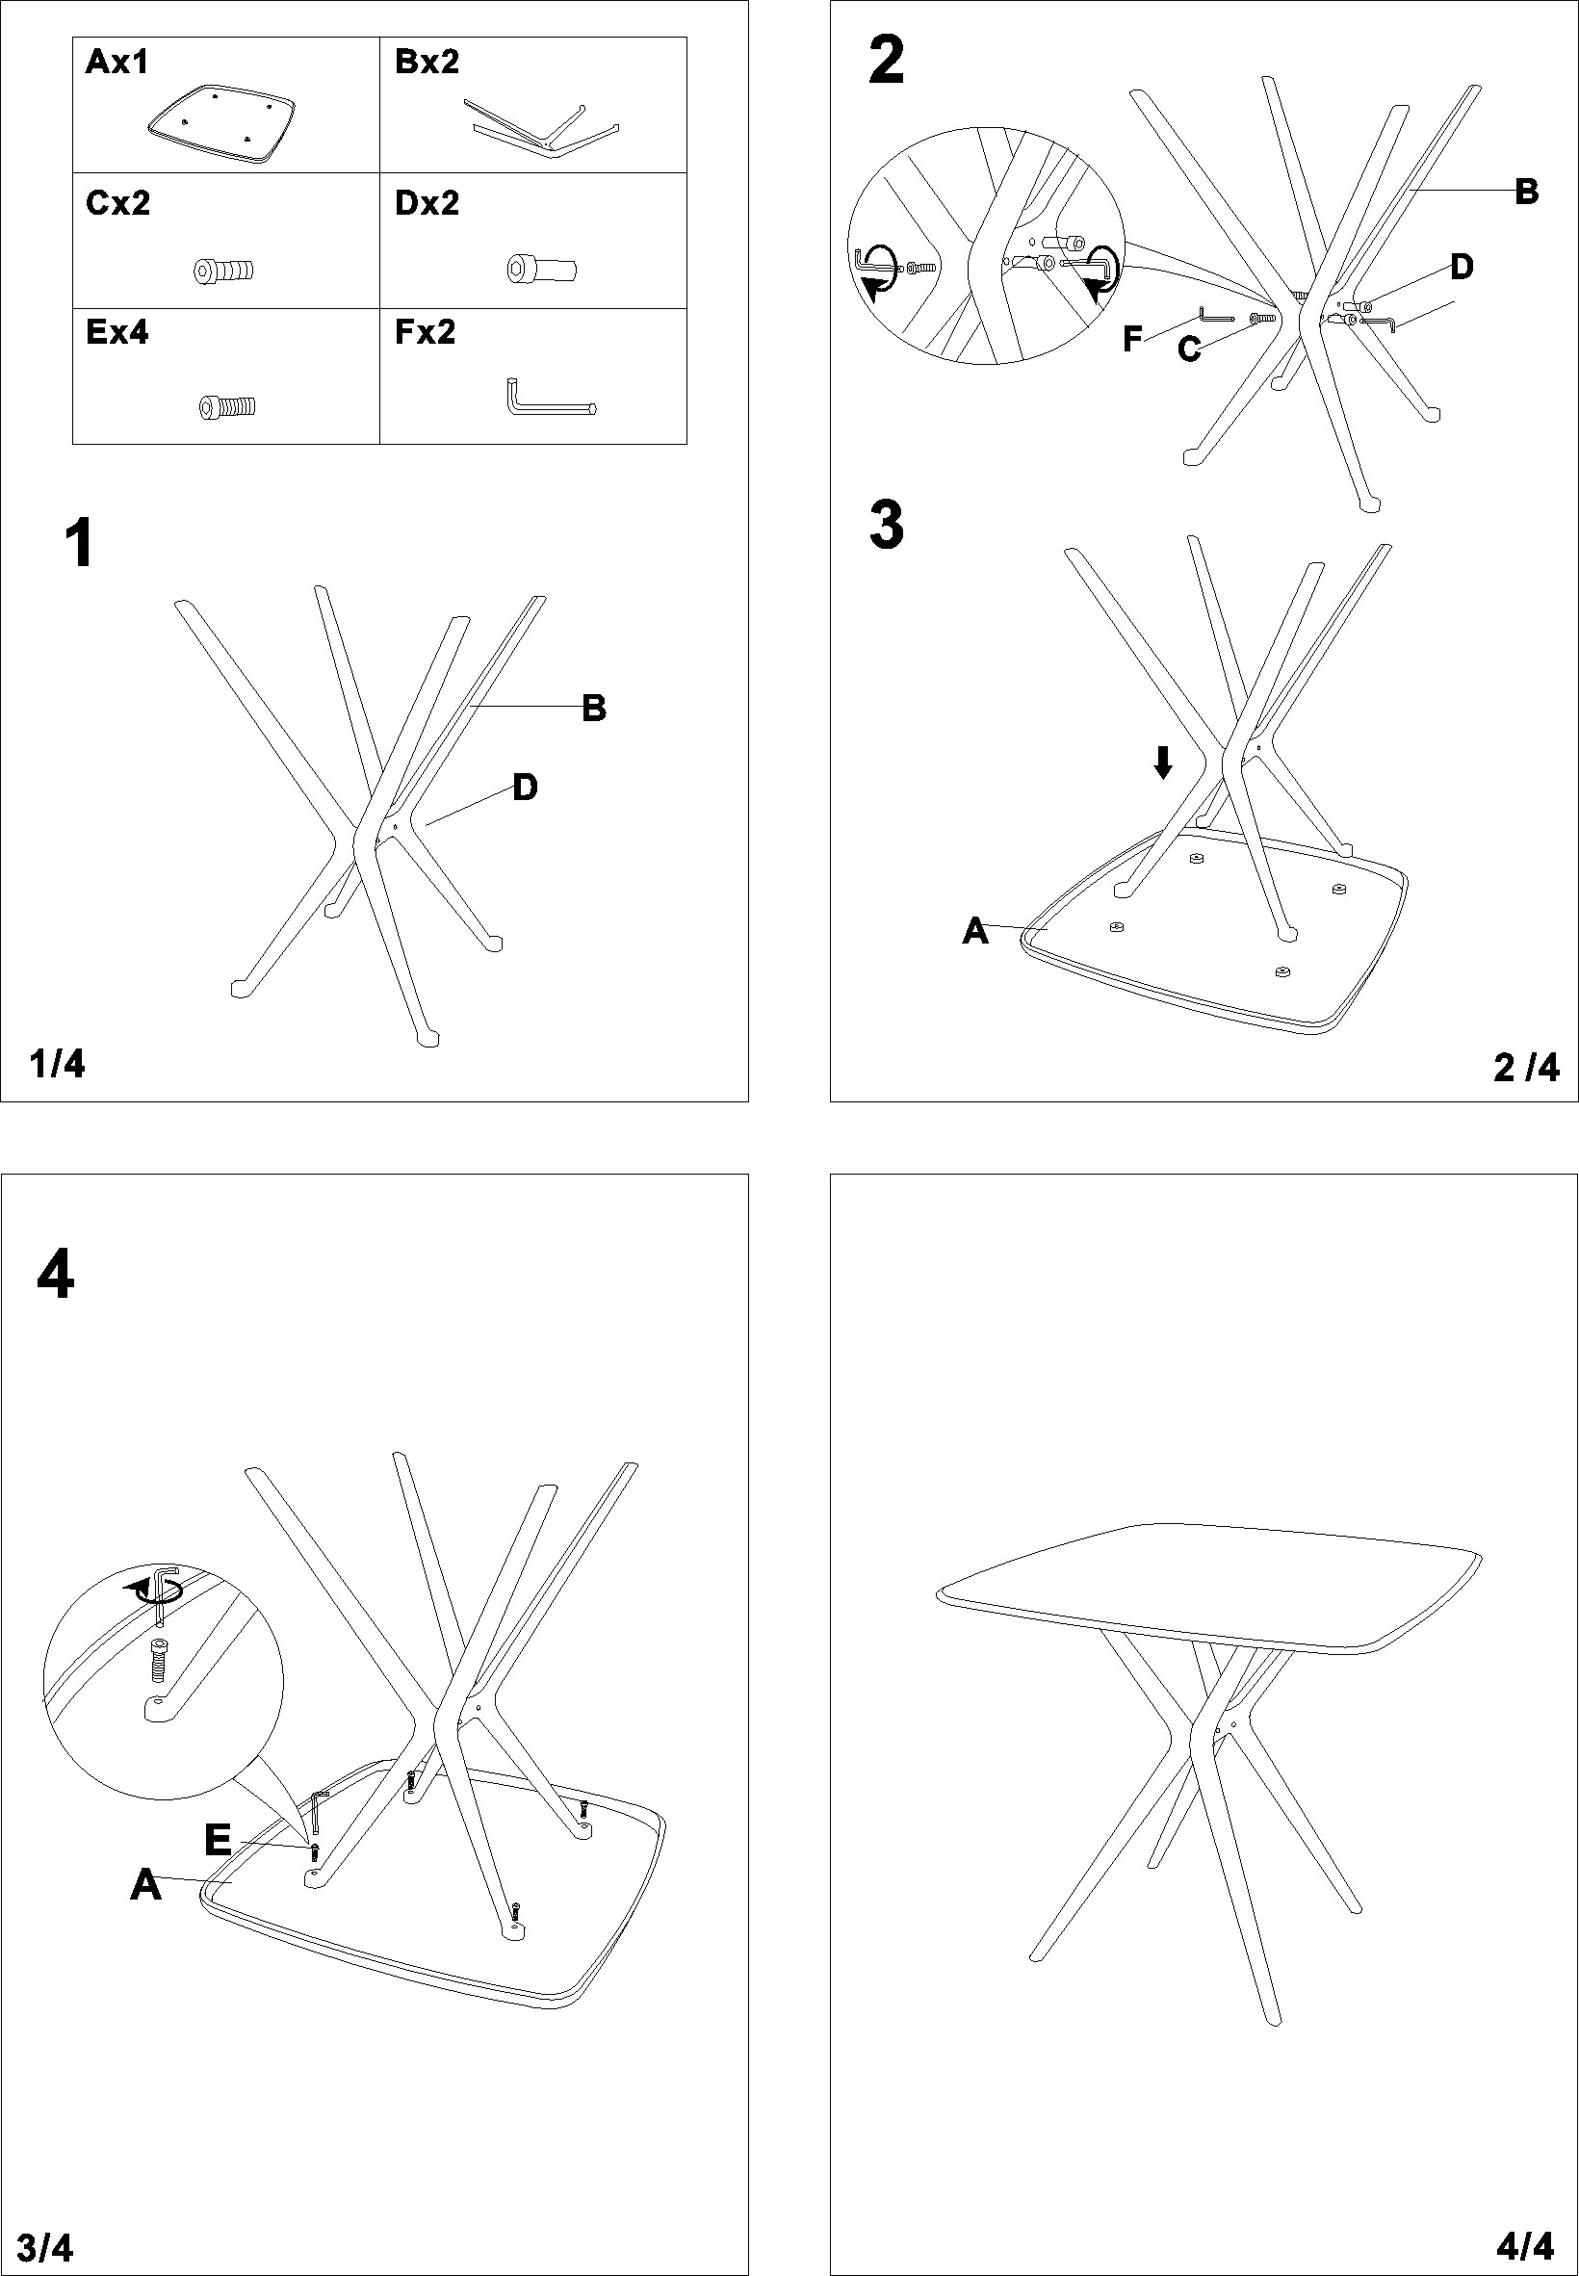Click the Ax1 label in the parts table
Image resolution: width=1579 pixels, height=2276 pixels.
[116, 63]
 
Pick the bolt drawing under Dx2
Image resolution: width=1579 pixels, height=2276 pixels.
[541, 270]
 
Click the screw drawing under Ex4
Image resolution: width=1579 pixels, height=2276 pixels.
[228, 405]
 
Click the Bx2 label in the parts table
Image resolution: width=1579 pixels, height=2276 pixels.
[427, 63]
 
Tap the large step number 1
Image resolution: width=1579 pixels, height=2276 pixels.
[79, 544]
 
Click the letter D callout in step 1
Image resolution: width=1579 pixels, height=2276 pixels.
[525, 788]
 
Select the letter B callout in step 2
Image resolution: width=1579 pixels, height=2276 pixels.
[1527, 192]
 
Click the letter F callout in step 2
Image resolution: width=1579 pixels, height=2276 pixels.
[1133, 339]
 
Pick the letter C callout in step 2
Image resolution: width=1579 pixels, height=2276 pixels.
[1189, 349]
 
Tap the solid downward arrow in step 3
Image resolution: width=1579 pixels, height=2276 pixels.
[1163, 762]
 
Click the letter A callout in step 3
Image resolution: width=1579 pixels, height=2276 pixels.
[975, 931]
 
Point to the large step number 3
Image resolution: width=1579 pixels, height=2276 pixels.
[887, 527]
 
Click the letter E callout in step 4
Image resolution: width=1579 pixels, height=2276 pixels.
[218, 1841]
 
